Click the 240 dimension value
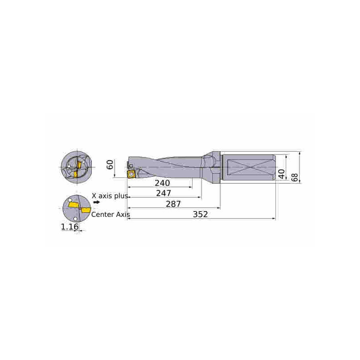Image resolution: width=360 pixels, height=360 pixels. (x=162, y=183)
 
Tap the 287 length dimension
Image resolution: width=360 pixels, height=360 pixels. (x=173, y=204)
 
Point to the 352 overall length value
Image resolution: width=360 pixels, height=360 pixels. (x=200, y=215)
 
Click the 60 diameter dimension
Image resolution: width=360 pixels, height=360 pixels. (x=110, y=164)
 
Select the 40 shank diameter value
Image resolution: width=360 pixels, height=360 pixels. (x=281, y=174)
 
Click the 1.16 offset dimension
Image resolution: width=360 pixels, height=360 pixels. (x=70, y=227)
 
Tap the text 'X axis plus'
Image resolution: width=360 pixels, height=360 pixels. (x=110, y=196)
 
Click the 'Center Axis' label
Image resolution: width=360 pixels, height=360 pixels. (x=111, y=215)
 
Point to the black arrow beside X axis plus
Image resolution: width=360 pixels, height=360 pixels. (x=96, y=202)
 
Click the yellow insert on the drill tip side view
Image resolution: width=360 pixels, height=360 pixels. (x=131, y=174)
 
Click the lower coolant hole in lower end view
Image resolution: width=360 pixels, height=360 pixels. (x=75, y=219)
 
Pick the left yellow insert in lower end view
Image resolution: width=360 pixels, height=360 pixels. (x=73, y=206)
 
